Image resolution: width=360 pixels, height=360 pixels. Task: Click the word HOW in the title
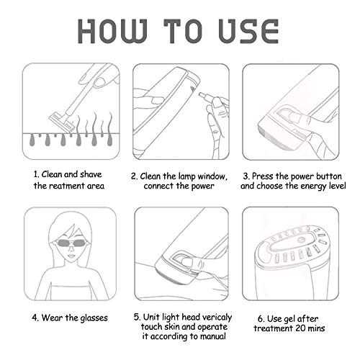112,31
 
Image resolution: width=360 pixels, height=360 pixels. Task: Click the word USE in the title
248,31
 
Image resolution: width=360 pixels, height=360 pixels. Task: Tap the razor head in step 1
62,122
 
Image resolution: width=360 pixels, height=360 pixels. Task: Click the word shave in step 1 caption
91,174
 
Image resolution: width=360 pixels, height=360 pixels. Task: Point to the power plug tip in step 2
201,94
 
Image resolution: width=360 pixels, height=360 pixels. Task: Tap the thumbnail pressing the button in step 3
294,117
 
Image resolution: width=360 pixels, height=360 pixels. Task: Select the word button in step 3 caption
329,176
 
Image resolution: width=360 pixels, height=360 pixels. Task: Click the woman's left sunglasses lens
79,243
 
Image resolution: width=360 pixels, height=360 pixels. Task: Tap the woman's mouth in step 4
71,256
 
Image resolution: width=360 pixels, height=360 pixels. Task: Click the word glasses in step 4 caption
94,318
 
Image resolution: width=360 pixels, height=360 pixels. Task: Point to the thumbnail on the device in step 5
186,261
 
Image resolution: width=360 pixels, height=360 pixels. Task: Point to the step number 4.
35,318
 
